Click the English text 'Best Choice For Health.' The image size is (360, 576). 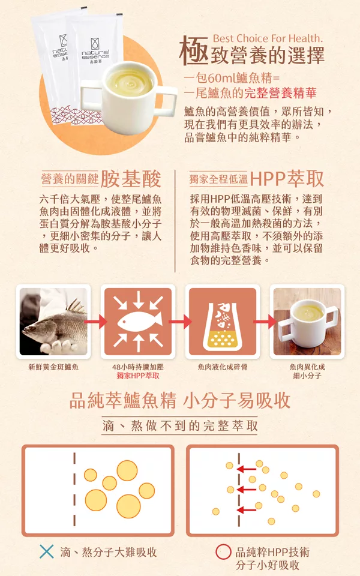[x=268, y=38]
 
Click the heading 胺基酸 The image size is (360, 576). [x=131, y=179]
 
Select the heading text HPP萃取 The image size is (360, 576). [x=287, y=179]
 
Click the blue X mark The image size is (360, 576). [x=47, y=551]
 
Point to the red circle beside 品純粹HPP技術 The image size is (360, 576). [x=223, y=552]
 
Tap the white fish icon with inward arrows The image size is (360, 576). [x=138, y=321]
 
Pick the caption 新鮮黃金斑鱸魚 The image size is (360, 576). [x=53, y=367]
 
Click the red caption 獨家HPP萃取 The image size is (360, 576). [x=138, y=376]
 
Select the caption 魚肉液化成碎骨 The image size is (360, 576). [x=223, y=367]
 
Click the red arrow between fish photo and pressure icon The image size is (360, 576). [x=95, y=322]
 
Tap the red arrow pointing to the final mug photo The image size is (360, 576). [x=265, y=322]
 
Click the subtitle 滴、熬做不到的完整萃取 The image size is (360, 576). [x=180, y=426]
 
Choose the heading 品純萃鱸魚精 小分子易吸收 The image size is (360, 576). [x=180, y=400]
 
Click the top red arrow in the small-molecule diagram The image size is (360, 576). [x=247, y=469]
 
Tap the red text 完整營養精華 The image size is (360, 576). [x=280, y=93]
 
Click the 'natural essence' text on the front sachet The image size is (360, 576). [x=95, y=55]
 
